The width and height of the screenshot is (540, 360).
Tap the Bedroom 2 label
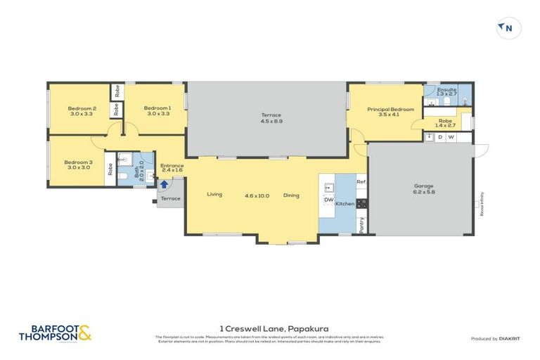(82, 110)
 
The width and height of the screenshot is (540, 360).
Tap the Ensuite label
(446, 92)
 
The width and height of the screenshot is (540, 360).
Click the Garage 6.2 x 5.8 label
(424, 189)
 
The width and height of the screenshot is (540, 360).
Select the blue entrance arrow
(164, 185)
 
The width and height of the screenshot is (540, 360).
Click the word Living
(216, 195)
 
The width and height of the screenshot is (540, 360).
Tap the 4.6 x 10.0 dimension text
(257, 195)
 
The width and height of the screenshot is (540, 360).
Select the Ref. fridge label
(361, 182)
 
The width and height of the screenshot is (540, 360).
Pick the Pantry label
(361, 224)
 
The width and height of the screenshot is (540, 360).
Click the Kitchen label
(345, 203)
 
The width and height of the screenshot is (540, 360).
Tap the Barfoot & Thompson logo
(55, 332)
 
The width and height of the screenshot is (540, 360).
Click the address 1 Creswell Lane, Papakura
(270, 328)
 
